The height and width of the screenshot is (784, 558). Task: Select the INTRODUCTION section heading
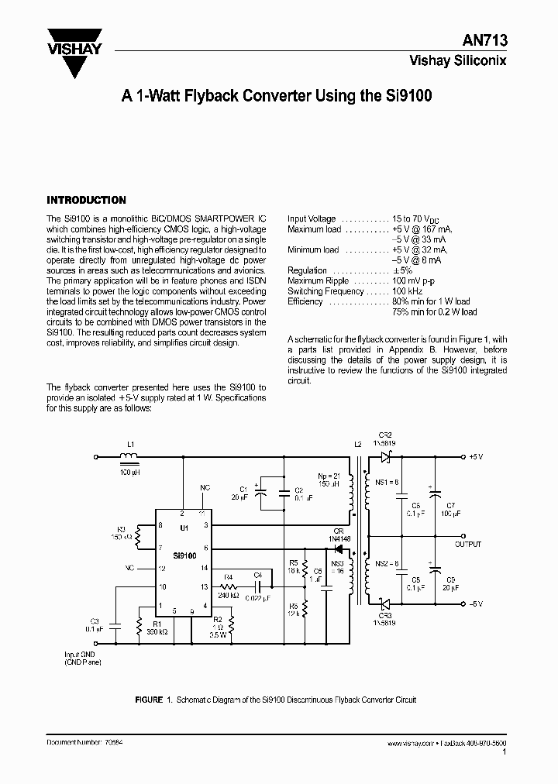click(x=86, y=200)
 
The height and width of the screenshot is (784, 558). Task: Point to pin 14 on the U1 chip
click(x=204, y=567)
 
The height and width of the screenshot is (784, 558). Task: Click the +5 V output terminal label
click(x=476, y=458)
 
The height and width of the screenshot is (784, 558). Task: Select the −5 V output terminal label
click(x=475, y=604)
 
